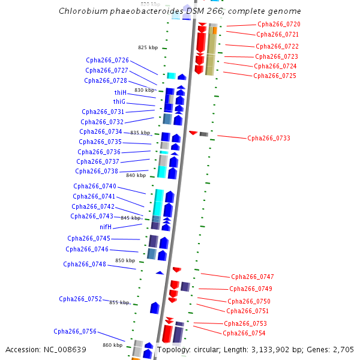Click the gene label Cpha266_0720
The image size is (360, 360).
coord(278,24)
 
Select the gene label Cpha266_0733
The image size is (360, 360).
coord(268,138)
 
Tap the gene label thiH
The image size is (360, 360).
coord(120,92)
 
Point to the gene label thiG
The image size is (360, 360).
coord(119,102)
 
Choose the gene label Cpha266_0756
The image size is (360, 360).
coord(74,331)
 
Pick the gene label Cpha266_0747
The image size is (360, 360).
coord(252,277)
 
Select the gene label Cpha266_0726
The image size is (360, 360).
coord(107,60)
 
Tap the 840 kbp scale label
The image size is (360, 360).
coord(136,175)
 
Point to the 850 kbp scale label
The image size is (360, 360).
coord(125,260)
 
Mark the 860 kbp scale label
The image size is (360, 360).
coord(112,345)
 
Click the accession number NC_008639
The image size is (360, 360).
coord(65,350)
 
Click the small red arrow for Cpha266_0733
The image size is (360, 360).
coord(193,133)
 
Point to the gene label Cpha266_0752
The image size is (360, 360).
coord(80,299)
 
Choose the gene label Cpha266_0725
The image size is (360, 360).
coord(274,76)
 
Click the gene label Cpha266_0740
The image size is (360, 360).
coord(94,186)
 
